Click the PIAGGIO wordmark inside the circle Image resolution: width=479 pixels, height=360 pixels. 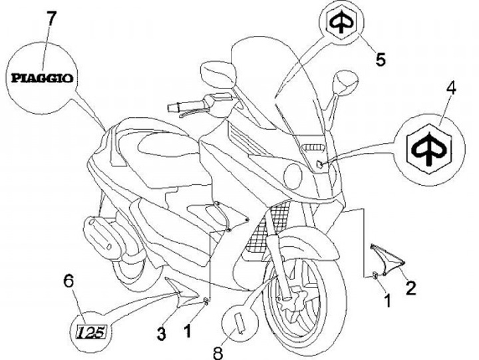point(41,77)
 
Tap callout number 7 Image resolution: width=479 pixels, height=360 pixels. point(51,19)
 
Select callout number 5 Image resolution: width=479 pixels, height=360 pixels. point(380,60)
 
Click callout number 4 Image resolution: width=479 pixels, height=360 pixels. point(451,87)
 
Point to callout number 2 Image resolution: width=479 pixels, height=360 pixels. point(410,287)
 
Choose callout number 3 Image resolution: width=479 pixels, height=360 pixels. point(161,333)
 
